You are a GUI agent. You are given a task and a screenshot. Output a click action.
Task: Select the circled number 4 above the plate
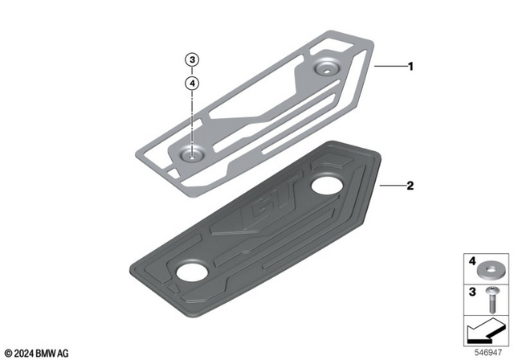192,82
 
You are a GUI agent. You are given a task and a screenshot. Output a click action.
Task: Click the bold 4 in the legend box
472,262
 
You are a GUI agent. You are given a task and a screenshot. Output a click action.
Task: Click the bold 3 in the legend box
472,291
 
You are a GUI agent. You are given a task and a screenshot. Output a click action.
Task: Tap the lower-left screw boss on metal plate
190,152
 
